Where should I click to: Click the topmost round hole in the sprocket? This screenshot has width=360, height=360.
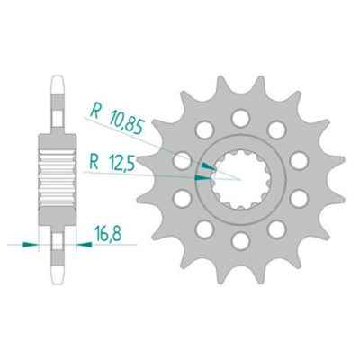(x=240, y=116)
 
